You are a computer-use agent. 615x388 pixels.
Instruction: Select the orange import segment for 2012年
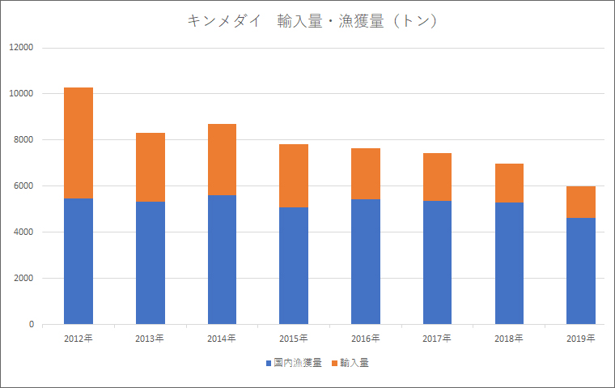click(78, 143)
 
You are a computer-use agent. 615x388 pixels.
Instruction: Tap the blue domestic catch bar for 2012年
click(78, 261)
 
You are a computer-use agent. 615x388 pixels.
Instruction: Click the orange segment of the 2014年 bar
click(222, 160)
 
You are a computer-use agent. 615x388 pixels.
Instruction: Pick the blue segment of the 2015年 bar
click(294, 266)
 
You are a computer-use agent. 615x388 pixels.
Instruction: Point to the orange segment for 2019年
click(580, 202)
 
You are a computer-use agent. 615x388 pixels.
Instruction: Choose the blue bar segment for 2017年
click(437, 262)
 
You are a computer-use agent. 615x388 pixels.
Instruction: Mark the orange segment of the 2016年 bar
click(365, 173)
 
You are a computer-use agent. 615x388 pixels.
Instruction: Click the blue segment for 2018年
click(509, 263)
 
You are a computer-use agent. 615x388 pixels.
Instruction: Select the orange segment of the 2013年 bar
click(151, 167)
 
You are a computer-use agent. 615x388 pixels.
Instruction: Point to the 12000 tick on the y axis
click(21, 48)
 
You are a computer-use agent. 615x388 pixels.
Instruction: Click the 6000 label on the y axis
click(23, 186)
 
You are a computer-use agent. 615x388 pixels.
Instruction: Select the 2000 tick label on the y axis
click(23, 279)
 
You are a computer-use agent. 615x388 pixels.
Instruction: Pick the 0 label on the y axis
click(31, 325)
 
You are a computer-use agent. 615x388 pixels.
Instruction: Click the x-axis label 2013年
click(151, 338)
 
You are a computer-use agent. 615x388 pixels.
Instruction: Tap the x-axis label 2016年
click(365, 338)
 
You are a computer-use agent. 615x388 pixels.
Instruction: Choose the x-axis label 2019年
click(580, 338)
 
